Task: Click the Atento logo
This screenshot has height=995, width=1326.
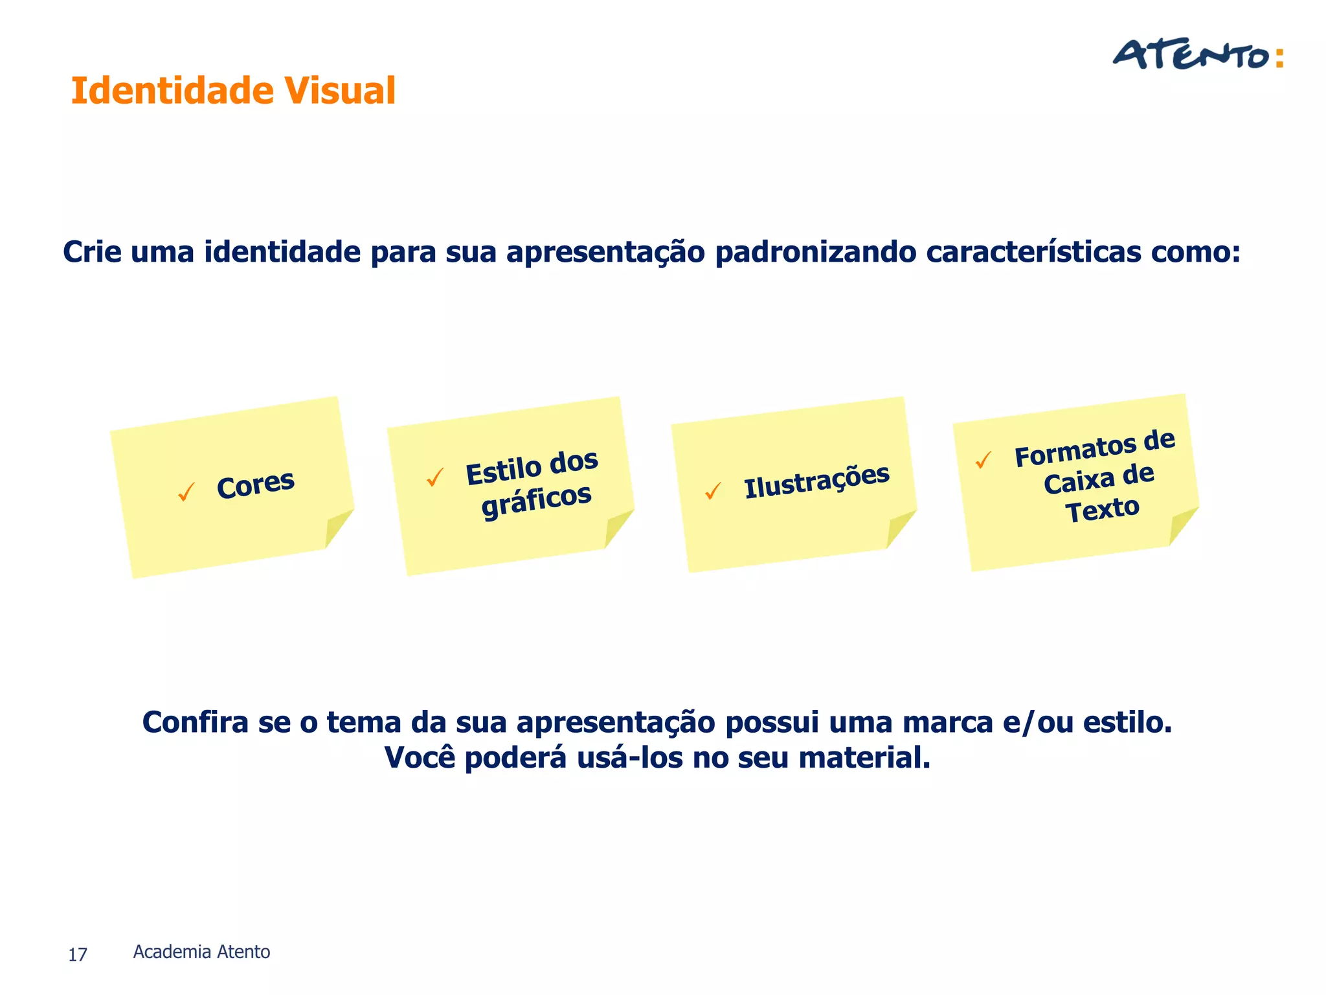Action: tap(1197, 56)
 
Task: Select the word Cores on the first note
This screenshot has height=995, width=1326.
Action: tap(256, 485)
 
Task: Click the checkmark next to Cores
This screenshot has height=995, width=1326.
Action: tap(186, 492)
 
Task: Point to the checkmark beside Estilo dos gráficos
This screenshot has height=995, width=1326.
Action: tap(435, 478)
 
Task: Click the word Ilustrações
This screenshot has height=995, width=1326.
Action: tap(816, 481)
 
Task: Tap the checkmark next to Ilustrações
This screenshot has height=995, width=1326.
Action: tap(713, 491)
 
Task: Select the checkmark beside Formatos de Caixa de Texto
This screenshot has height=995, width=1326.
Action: tap(983, 460)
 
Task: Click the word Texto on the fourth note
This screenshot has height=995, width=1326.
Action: tap(1102, 509)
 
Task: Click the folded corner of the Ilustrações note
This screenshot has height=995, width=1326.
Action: tap(899, 528)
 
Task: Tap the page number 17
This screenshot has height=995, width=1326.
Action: tap(78, 955)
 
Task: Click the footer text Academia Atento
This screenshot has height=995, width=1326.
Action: tap(201, 952)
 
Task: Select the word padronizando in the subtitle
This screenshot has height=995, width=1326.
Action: tap(815, 252)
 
